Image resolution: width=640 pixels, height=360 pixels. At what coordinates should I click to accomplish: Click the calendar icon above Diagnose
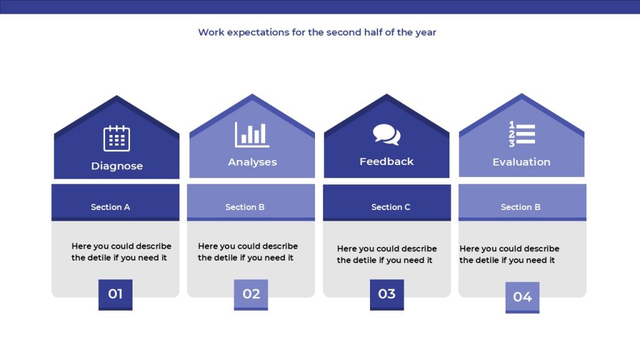(x=117, y=138)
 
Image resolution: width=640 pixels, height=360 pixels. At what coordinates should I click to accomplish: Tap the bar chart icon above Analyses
(x=252, y=134)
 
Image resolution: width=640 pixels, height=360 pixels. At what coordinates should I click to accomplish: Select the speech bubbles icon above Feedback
(x=386, y=135)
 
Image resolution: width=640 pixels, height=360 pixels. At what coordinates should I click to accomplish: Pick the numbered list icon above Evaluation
(x=522, y=134)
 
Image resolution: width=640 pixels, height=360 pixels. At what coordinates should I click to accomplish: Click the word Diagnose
(x=117, y=166)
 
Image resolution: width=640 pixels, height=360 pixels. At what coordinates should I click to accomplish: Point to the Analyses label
(x=252, y=162)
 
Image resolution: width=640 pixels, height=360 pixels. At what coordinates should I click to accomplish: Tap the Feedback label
(x=386, y=162)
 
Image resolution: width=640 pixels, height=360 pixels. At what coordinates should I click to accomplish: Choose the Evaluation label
(x=522, y=162)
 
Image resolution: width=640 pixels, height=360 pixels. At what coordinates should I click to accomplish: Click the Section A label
(x=110, y=207)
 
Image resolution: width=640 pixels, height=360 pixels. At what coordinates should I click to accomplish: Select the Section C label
(x=391, y=207)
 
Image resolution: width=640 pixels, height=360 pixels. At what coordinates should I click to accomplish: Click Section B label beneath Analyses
(x=245, y=207)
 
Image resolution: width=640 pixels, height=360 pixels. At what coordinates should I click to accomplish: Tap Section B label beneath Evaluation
(x=521, y=207)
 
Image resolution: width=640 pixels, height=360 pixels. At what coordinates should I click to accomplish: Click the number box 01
(x=116, y=295)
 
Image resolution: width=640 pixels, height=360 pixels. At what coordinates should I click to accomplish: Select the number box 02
(x=251, y=295)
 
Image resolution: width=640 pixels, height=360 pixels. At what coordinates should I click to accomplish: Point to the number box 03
(x=387, y=295)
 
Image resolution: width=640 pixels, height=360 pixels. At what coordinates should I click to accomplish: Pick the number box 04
(x=522, y=297)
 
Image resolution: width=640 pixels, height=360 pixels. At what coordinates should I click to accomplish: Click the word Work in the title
(x=211, y=32)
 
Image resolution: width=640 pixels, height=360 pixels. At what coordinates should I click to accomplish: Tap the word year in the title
(x=426, y=32)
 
